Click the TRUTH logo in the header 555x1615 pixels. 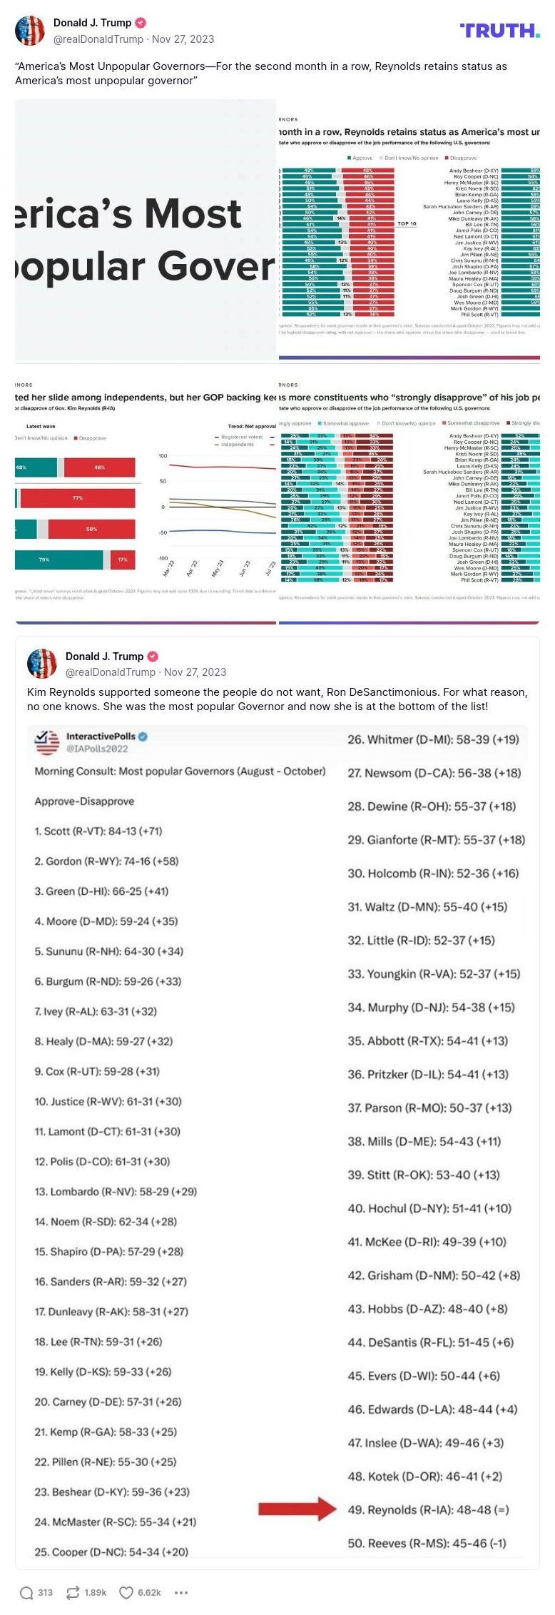point(499,30)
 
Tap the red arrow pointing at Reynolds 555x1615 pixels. point(297,1509)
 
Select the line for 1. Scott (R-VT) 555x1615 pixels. point(98,831)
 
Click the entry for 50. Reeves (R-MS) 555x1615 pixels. point(427,1543)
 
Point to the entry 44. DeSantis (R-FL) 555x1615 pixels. point(430,1342)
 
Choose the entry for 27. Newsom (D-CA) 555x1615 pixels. point(434,773)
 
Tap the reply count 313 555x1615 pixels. point(45,1592)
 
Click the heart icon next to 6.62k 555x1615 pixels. point(126,1592)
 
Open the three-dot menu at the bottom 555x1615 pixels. point(181,1592)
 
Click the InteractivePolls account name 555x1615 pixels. point(101,736)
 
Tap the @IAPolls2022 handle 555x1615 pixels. point(97,749)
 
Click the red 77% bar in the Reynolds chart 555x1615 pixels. point(77,498)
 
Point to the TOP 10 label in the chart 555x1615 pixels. point(407,223)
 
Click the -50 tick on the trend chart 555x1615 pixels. point(163,532)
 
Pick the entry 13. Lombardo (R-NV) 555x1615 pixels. point(116,1192)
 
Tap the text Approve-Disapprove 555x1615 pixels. point(84,801)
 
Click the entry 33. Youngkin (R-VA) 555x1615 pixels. point(434,974)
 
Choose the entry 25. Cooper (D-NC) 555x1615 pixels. point(111,1552)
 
